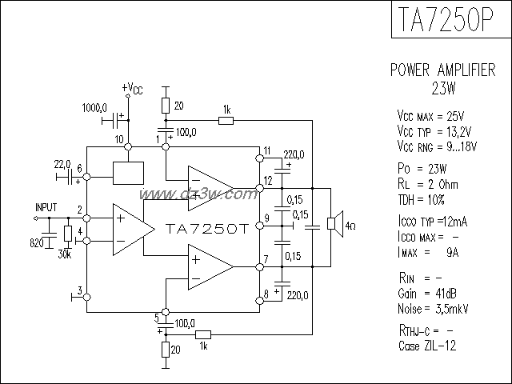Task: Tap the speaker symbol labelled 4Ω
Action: tap(334, 222)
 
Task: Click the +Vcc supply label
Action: tap(132, 87)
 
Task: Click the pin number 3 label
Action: tap(78, 290)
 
